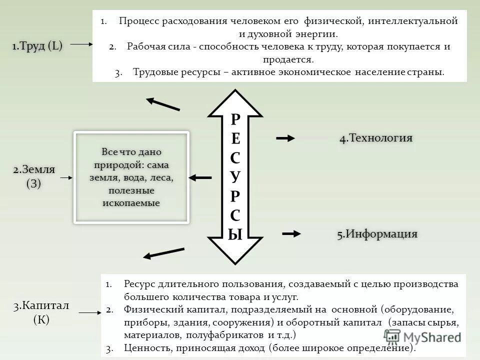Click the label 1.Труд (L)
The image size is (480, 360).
tap(37, 46)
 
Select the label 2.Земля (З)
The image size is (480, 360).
tap(34, 176)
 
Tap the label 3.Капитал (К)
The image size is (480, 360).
tap(41, 312)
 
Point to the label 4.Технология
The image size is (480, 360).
tap(376, 138)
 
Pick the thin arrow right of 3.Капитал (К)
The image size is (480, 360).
tap(90, 313)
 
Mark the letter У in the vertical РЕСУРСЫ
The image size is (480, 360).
tap(235, 176)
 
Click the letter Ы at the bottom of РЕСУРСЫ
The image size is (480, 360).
tap(235, 233)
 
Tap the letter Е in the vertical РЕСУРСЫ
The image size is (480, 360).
tap(235, 138)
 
